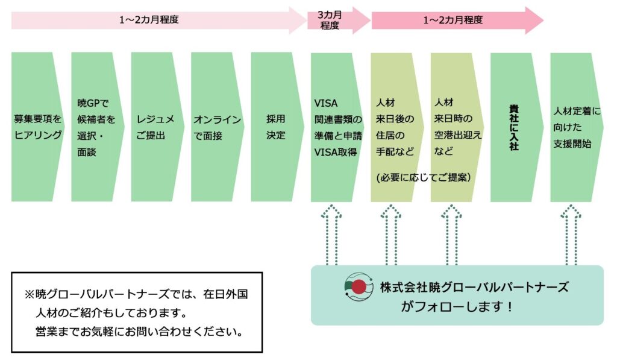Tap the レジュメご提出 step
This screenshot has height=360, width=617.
(155, 127)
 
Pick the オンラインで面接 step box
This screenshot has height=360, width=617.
(216, 127)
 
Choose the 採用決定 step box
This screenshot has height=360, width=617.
(275, 127)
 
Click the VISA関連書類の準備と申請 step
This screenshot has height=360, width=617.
(336, 127)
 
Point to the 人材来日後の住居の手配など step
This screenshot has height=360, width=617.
(395, 127)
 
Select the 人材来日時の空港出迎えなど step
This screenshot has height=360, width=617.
(455, 127)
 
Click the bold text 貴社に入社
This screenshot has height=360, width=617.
(514, 127)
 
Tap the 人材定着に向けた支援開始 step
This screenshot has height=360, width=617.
(576, 127)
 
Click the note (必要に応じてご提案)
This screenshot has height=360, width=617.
(422, 178)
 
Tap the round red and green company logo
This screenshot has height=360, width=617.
(357, 288)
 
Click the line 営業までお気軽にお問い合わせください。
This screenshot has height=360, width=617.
(139, 332)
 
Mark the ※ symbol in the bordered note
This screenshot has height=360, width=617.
(30, 295)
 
